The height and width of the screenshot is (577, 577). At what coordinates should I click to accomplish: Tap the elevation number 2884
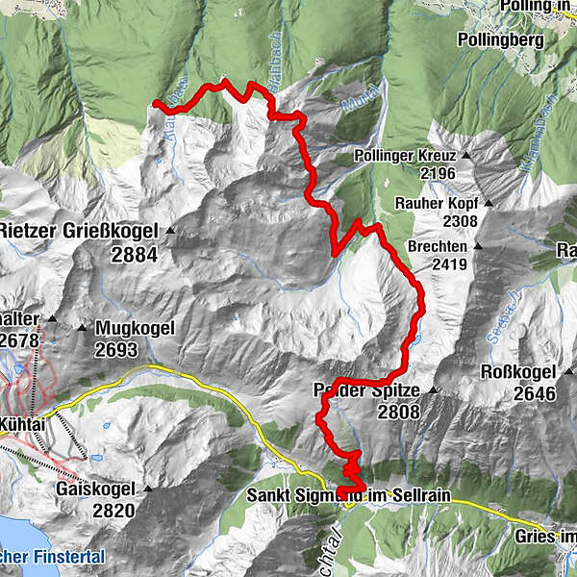pyautogui.click(x=134, y=256)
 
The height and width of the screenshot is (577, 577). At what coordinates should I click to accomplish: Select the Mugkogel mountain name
pyautogui.click(x=135, y=328)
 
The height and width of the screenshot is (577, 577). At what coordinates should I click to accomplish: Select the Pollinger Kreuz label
pyautogui.click(x=410, y=155)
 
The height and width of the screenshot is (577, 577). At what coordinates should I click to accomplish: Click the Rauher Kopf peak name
pyautogui.click(x=437, y=204)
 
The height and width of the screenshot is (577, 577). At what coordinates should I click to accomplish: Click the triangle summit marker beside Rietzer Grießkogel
pyautogui.click(x=170, y=231)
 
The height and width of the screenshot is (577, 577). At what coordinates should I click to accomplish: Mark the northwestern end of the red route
pyautogui.click(x=156, y=102)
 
